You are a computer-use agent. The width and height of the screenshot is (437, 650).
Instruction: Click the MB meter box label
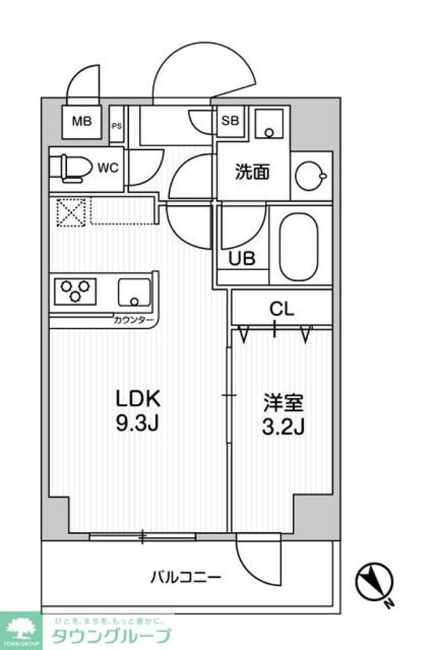(x=81, y=122)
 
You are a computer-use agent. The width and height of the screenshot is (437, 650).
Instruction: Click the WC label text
(x=109, y=167)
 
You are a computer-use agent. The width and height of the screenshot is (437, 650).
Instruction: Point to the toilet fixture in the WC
(x=69, y=167)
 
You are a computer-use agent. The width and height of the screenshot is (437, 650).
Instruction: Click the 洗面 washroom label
(x=252, y=173)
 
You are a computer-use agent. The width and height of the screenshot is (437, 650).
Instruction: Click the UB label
(x=242, y=258)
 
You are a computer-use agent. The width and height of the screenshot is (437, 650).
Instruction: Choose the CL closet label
(x=281, y=308)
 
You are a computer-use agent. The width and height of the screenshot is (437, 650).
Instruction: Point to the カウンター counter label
(x=133, y=320)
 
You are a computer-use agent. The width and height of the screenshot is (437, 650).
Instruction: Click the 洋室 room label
(x=283, y=403)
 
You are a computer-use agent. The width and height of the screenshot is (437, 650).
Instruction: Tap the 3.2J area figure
(x=283, y=426)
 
